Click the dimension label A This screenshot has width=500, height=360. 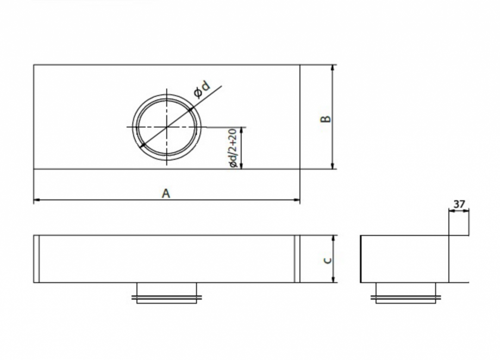click(x=166, y=193)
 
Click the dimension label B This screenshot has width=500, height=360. click(x=325, y=119)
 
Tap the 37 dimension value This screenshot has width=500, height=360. click(x=459, y=204)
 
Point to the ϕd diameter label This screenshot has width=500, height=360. click(x=202, y=89)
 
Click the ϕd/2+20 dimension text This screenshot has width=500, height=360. click(x=233, y=148)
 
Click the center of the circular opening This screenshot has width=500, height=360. click(x=167, y=127)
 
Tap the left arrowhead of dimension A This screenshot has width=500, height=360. click(x=36, y=201)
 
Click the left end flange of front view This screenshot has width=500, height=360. click(x=36, y=259)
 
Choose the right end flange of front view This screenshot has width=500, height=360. click(x=297, y=259)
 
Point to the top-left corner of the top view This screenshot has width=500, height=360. click(x=34, y=65)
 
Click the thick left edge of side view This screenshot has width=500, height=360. click(x=361, y=259)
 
